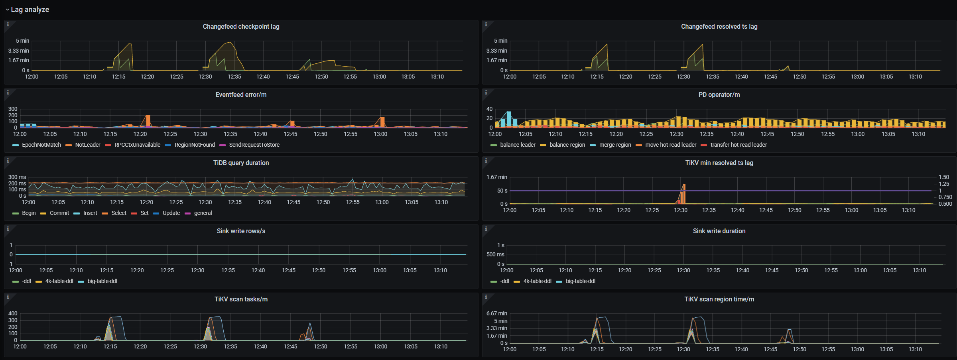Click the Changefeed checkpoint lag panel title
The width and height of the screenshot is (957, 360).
coord(241,26)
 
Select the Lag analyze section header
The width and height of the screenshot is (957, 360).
coord(30,9)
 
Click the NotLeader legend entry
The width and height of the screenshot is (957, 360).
coord(87,145)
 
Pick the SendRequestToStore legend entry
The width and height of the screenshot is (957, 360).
coord(254,145)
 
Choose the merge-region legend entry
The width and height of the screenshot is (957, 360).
coord(615,145)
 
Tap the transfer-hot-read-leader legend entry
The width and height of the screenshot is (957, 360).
coord(738,145)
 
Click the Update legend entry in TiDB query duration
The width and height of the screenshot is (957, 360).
coord(171,213)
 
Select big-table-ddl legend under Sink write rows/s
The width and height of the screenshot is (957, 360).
coord(102,281)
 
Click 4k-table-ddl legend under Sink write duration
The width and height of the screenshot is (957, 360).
coord(537,281)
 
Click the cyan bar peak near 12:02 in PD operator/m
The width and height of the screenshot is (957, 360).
coord(509,114)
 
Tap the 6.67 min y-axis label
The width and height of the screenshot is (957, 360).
coord(497,313)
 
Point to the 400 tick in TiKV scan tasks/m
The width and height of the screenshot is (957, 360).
coord(13,313)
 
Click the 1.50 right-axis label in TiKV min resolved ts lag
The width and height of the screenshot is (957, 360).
coord(944,177)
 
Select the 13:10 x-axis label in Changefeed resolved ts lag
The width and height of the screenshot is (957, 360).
coord(915,77)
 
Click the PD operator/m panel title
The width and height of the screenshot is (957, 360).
coord(719,94)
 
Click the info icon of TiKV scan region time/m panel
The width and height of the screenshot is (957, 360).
coord(486,297)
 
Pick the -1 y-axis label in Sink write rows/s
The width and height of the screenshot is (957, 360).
coord(11,264)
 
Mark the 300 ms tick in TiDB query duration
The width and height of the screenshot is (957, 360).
coord(17,177)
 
